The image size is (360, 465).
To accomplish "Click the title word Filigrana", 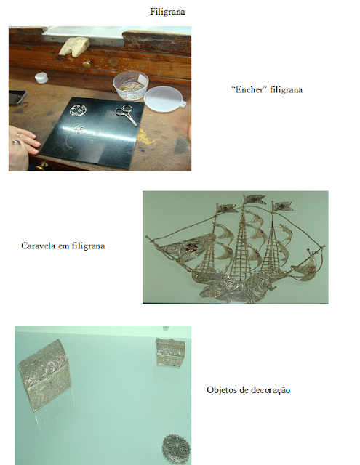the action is [167, 12].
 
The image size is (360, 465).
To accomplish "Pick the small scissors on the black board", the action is [127, 115].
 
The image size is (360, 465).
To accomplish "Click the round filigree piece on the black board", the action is [79, 110].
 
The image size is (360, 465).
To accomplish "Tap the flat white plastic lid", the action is [164, 100].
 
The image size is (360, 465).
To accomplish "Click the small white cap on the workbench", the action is [41, 78].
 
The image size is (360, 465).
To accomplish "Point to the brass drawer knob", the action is [87, 64].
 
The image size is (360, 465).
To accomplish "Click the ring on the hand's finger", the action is [17, 142].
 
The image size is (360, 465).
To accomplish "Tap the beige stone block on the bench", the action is [74, 45].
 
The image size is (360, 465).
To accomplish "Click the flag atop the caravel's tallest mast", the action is [255, 199].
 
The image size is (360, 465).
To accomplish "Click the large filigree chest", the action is [45, 375].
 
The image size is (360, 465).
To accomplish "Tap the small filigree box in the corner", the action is [170, 352].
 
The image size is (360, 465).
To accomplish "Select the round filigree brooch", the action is [176, 449].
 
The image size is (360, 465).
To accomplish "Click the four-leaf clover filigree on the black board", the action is [79, 129].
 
